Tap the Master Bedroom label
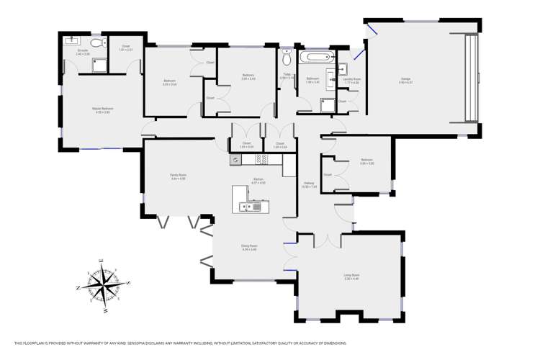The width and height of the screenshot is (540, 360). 102,109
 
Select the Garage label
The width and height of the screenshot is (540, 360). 405,80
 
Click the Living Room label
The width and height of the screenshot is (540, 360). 352,276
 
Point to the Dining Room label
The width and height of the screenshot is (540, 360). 249,246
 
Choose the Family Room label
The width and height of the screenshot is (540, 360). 178,176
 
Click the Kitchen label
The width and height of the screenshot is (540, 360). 258,180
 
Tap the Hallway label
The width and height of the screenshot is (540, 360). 309,184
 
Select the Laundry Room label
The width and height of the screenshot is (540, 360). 352,80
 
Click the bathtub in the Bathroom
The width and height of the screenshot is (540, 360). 315,57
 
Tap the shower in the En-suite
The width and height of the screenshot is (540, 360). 99,66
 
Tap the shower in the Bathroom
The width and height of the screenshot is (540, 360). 328,104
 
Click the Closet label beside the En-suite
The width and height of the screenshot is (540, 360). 125,47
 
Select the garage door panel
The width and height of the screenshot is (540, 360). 471,78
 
